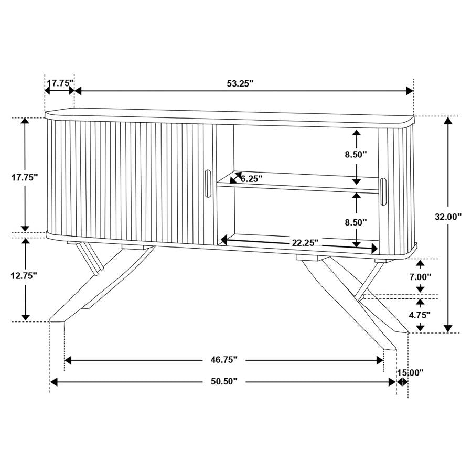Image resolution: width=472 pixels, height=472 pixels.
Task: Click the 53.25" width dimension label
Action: pyautogui.click(x=240, y=83)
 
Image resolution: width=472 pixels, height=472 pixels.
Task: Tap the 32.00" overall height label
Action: pyautogui.click(x=448, y=216)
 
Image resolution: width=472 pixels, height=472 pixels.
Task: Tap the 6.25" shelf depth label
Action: pyautogui.click(x=252, y=178)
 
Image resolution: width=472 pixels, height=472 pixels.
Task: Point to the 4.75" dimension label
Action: pyautogui.click(x=420, y=315)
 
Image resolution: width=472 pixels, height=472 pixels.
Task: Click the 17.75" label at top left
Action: pyautogui.click(x=59, y=83)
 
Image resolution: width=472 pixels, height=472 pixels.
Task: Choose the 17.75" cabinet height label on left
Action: pyautogui.click(x=25, y=177)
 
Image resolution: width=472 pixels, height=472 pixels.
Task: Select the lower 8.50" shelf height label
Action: pyautogui.click(x=356, y=222)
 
